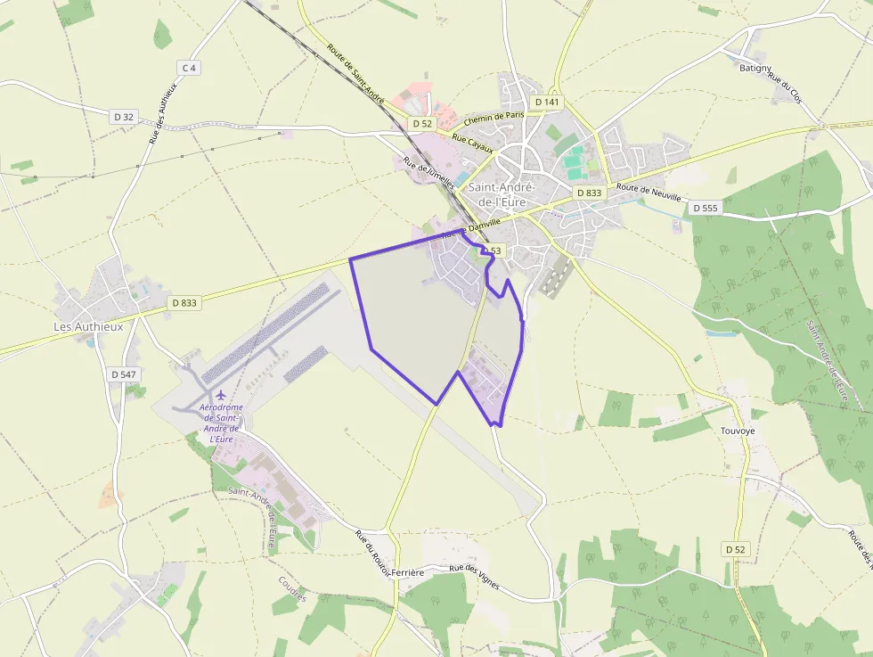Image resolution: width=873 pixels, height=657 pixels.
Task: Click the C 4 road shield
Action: click(188, 68)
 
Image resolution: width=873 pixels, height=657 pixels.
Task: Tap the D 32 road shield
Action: click(125, 117)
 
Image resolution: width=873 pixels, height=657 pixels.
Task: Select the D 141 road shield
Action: click(547, 103)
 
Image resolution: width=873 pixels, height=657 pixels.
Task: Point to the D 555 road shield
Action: click(704, 208)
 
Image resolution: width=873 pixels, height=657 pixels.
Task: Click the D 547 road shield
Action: click(125, 374)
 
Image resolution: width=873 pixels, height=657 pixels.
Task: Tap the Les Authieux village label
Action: click(88, 326)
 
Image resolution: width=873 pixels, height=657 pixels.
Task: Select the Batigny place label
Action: click(755, 68)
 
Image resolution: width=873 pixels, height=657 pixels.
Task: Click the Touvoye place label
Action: click(738, 431)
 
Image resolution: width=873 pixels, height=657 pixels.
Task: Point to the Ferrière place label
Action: click(406, 572)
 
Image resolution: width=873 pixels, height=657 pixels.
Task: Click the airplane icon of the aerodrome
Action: click(221, 395)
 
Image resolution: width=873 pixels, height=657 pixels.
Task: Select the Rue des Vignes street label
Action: click(474, 581)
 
